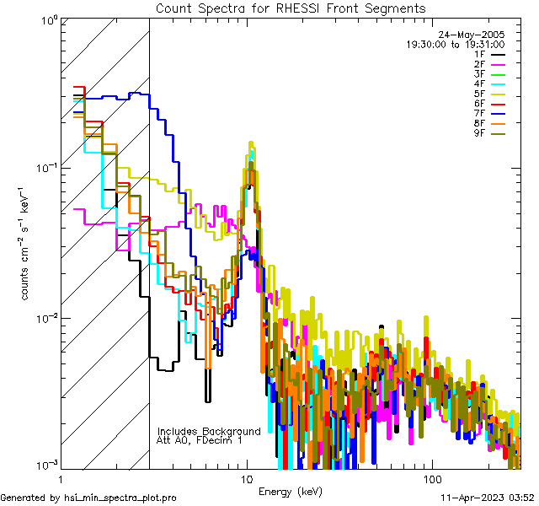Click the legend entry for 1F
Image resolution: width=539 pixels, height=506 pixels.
tap(490, 54)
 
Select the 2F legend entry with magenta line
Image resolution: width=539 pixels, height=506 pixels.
tap(490, 64)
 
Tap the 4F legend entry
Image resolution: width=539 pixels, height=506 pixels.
tap(490, 84)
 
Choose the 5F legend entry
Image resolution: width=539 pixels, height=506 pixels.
tap(490, 94)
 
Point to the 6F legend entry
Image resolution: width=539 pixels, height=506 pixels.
tap(490, 105)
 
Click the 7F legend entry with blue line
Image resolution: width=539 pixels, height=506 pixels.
tap(490, 115)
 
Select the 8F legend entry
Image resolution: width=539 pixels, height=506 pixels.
tap(490, 125)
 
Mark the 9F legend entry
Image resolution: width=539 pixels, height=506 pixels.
tap(490, 135)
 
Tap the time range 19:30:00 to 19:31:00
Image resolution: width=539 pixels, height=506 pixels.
tap(455, 44)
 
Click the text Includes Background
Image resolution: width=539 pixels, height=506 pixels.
tap(209, 431)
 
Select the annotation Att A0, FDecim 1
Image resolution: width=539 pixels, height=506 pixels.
tap(200, 440)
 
